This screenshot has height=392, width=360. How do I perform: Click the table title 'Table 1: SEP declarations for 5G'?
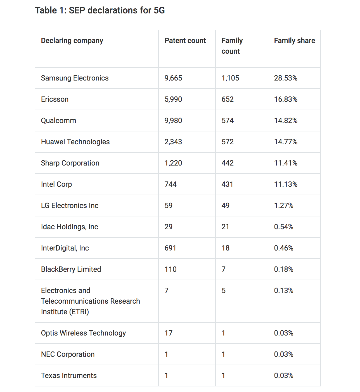100,10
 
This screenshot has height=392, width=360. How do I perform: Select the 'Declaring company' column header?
72,41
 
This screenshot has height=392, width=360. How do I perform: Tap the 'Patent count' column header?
185,41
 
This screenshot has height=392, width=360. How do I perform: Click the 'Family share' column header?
295,41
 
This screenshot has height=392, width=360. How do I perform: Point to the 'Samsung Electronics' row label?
75,78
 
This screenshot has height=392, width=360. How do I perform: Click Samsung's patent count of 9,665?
173,78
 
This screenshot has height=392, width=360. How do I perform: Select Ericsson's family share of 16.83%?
286,100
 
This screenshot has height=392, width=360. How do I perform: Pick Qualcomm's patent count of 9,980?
173,121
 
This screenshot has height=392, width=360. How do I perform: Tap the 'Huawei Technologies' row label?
75,142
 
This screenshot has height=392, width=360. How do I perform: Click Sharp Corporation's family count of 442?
228,163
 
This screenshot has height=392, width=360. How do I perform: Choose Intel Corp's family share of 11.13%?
286,185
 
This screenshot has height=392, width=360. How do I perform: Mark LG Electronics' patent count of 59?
169,206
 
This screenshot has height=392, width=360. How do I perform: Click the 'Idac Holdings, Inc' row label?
69,227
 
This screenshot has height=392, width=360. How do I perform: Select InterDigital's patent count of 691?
170,248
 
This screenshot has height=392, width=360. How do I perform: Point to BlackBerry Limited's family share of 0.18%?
284,270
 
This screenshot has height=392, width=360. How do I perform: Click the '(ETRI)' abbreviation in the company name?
79,312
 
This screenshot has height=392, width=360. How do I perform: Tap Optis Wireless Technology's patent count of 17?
169,333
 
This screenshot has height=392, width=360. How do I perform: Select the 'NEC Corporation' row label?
68,355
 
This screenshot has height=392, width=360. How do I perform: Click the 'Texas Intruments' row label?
69,376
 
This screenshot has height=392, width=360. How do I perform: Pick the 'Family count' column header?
232,46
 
